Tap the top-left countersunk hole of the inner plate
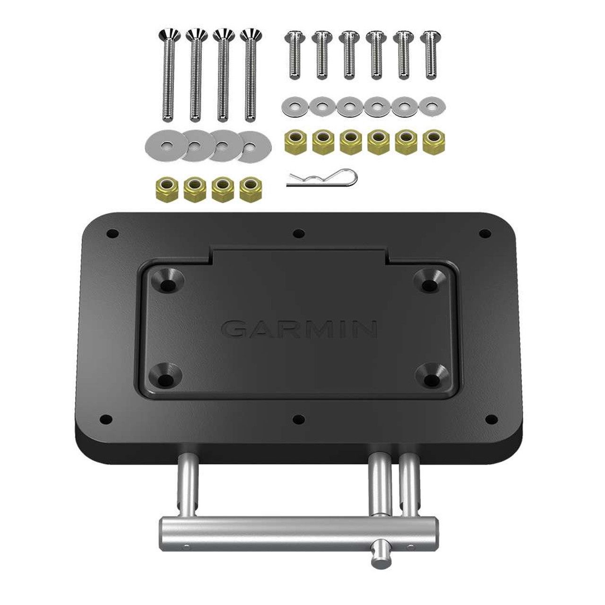[167, 285]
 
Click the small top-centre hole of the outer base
[297, 233]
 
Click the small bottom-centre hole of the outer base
[298, 418]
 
